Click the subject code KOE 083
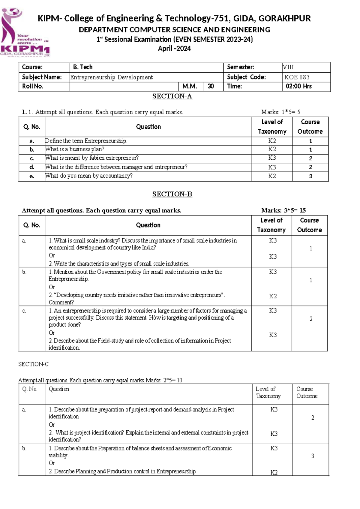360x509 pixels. (297, 77)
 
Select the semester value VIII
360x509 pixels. (288, 67)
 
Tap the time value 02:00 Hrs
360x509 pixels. (298, 86)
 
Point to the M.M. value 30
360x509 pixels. (211, 86)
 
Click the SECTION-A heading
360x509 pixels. (172, 96)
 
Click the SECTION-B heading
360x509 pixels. (172, 194)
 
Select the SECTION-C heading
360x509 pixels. (33, 364)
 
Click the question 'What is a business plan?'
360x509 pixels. (75, 149)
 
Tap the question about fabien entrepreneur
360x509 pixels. (92, 158)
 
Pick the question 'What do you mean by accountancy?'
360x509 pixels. (89, 176)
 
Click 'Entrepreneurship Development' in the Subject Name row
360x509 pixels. (112, 77)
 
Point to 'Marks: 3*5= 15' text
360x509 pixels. (283, 210)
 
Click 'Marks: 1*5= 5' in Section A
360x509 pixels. (280, 112)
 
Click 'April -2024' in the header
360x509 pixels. (174, 49)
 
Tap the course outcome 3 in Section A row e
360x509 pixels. (310, 176)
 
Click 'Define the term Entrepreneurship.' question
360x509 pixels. (86, 141)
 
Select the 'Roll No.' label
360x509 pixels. (33, 86)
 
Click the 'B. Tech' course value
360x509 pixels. (83, 67)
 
